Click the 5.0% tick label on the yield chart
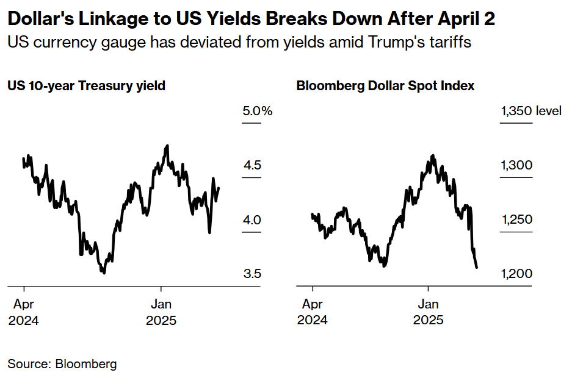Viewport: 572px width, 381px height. coord(257,111)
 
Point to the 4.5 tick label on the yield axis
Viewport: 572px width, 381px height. coord(253,165)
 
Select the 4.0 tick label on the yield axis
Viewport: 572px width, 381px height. coord(253,219)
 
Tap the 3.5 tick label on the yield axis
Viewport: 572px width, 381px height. coord(253,274)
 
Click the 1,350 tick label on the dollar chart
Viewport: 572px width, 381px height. coord(516,111)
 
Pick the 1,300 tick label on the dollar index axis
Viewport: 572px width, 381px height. coord(516,165)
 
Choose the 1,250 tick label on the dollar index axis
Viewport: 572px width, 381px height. coord(516,219)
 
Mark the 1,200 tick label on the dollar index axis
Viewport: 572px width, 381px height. coord(516,274)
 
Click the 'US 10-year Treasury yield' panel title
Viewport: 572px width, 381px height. coord(86,86)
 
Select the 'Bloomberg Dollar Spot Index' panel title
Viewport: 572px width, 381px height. coord(385,86)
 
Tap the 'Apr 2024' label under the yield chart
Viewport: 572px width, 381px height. coord(23,312)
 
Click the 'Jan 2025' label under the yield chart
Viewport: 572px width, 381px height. coord(161,312)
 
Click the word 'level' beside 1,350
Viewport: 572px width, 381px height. coord(549,111)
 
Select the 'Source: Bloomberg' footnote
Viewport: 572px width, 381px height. coord(62,364)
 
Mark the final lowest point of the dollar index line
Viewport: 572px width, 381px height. coord(476,267)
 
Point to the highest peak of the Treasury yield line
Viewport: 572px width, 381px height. coord(167,146)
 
